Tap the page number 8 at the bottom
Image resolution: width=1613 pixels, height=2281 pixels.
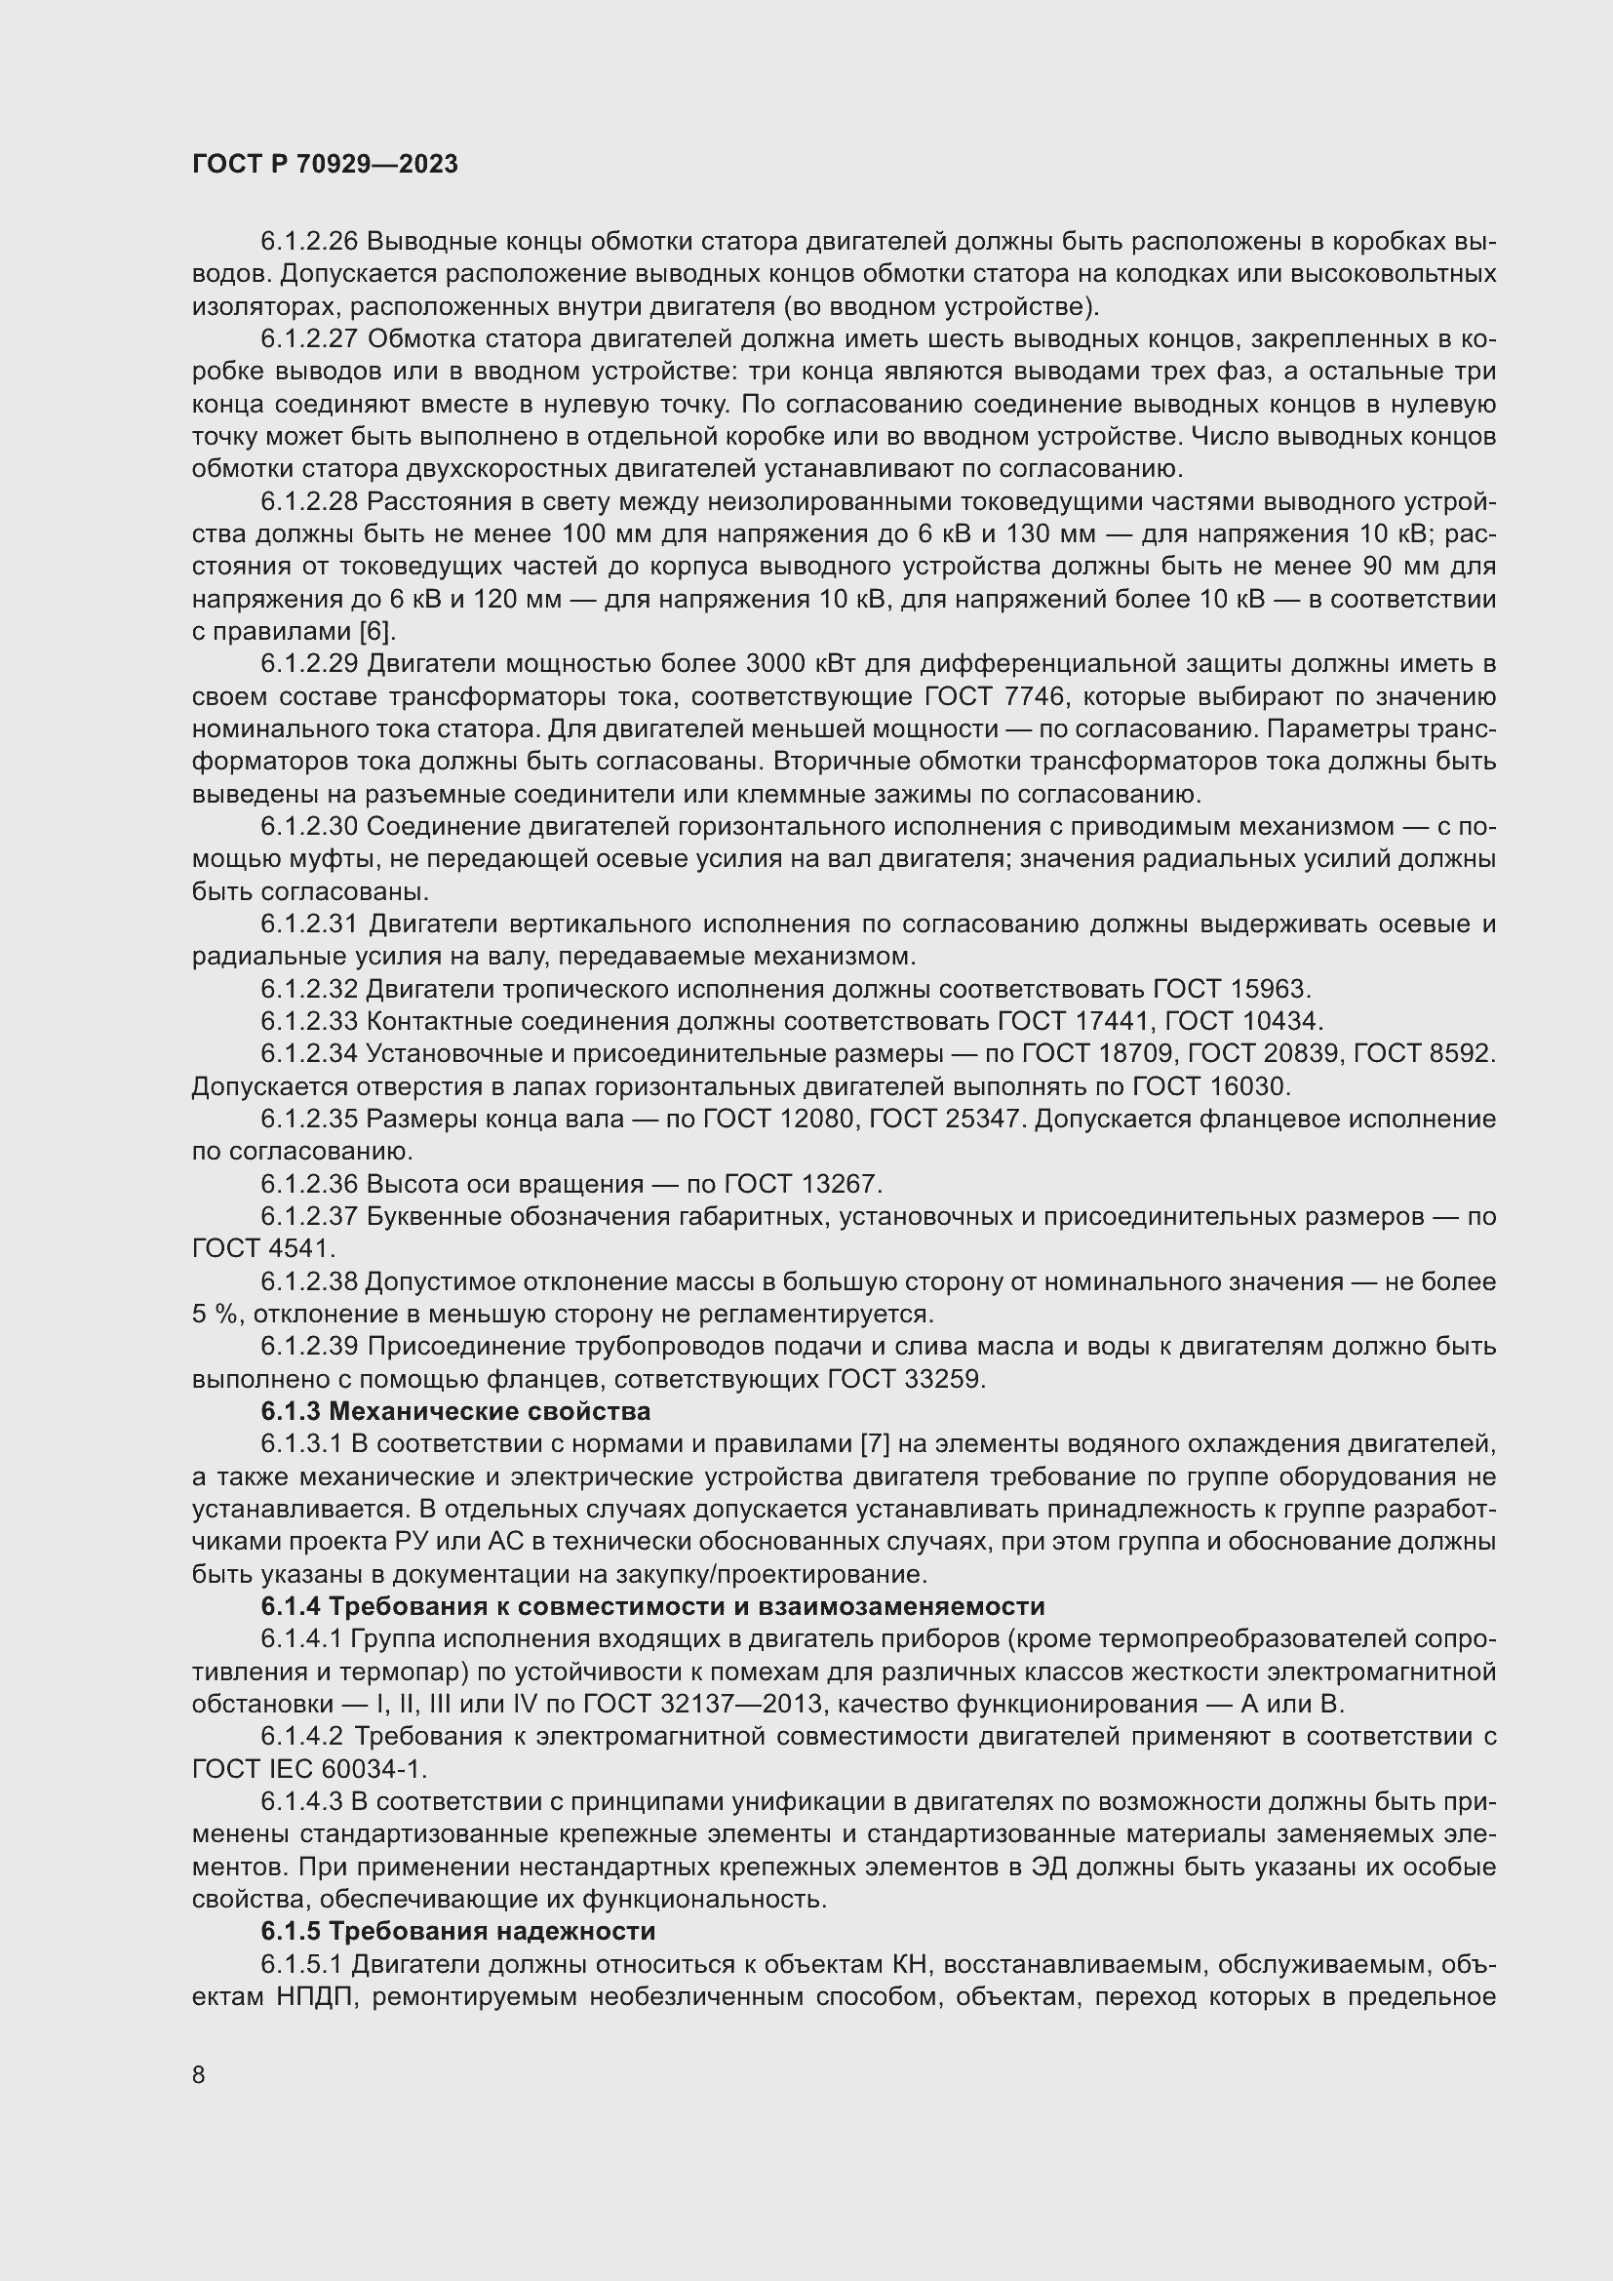coord(199,2075)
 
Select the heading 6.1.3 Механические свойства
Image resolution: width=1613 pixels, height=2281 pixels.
coord(455,1412)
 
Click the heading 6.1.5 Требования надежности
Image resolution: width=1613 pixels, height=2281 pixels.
coord(458,1931)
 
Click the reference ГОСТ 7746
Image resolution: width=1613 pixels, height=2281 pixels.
coord(987,696)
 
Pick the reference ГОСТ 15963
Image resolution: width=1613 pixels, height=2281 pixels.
coord(1233,990)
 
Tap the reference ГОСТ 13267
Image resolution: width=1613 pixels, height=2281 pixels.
coord(803,1184)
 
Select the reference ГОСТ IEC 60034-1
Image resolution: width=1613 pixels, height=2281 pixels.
coord(309,1768)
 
